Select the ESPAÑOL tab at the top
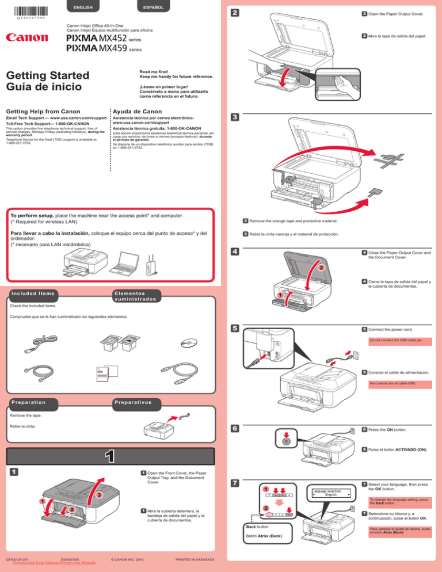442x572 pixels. (x=151, y=7)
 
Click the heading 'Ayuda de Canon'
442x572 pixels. (x=138, y=110)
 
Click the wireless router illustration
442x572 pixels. (x=151, y=265)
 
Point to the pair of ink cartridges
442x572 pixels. (x=117, y=345)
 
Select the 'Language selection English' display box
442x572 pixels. (x=330, y=492)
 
